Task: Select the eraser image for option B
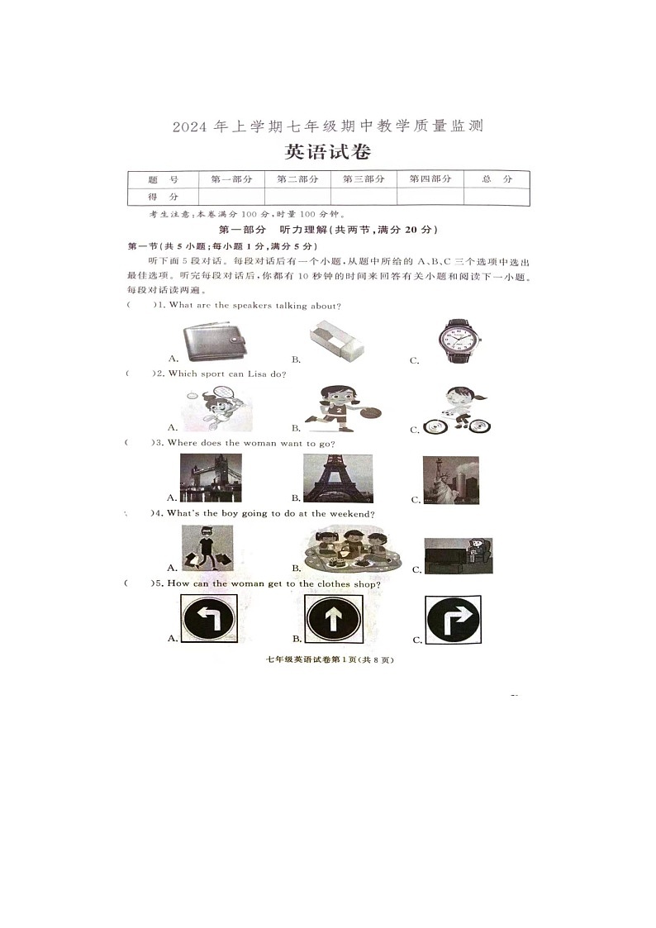(337, 342)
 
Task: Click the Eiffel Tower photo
(337, 478)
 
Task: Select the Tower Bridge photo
(211, 478)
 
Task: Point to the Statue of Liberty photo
(450, 480)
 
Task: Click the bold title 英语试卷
(327, 152)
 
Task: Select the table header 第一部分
(231, 178)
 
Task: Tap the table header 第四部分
(430, 178)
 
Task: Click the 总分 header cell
(497, 178)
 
